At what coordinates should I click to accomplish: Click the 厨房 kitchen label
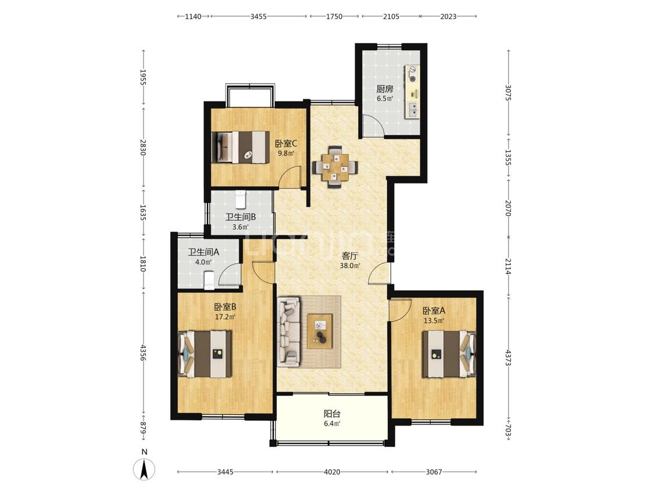coord(385,89)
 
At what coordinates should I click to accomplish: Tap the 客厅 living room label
coord(350,256)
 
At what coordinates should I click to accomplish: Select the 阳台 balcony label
coord(332,414)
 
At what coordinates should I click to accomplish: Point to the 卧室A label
coord(434,311)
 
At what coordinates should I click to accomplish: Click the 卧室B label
coord(225,307)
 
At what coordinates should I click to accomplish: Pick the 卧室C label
coord(285,143)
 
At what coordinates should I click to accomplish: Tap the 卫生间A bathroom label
coord(203,252)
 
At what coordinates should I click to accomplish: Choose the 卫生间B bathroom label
coord(240,217)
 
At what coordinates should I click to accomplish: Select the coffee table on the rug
coord(320,332)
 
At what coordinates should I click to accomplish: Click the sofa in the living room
coord(289,332)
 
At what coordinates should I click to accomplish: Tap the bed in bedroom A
coord(449,354)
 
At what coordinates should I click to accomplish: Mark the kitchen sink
coord(413,109)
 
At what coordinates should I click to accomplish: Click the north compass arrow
coord(144,469)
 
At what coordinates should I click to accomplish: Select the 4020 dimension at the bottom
coord(332,472)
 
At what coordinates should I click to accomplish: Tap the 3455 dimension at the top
coord(259,17)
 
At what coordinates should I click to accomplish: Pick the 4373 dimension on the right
coord(508,358)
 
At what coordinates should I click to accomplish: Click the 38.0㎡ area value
coord(350,265)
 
